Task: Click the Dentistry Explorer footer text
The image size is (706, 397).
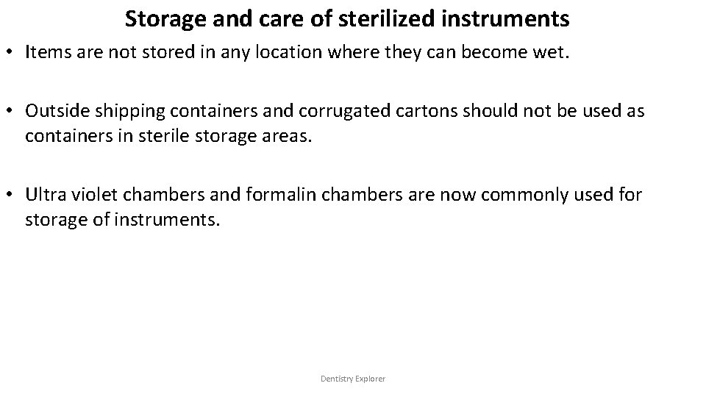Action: [353, 379]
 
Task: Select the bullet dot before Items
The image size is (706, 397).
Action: [13, 53]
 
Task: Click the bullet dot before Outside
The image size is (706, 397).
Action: [13, 111]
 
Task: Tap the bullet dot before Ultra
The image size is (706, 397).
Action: [13, 196]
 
